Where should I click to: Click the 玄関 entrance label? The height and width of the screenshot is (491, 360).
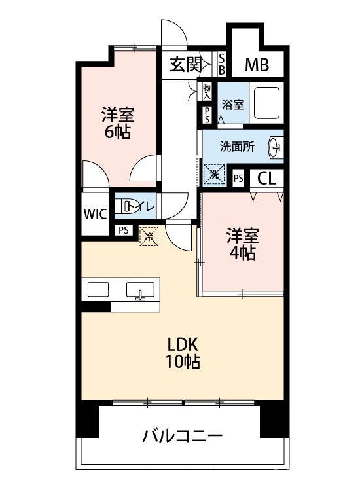point(185,65)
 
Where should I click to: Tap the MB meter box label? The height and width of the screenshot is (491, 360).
point(257,65)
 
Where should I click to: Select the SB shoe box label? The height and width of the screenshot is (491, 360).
point(221,64)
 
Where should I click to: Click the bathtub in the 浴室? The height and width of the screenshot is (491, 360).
point(266,103)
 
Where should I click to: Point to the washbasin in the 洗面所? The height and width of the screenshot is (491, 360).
point(276,146)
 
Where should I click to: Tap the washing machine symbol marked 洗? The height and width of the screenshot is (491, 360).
point(215,175)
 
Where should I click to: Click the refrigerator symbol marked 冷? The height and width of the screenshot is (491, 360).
point(149,236)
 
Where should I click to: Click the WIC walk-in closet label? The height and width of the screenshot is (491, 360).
point(95,215)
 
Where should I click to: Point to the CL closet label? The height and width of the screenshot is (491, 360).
point(266,179)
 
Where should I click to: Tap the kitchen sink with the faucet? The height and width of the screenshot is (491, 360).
point(140,290)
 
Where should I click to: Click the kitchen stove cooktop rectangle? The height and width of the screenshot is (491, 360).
point(98,289)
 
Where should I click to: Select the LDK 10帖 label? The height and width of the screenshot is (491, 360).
point(183,354)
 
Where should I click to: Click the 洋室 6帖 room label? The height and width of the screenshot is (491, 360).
point(118,123)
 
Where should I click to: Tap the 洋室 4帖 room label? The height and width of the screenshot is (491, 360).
point(243,245)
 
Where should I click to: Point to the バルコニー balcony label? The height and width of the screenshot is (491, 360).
point(183,436)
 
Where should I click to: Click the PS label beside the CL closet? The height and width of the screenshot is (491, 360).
point(238,179)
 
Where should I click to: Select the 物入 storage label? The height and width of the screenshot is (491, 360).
point(207,92)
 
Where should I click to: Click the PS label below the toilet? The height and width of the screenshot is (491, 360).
point(124,230)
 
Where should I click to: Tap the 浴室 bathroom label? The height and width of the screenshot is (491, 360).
point(233,105)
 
